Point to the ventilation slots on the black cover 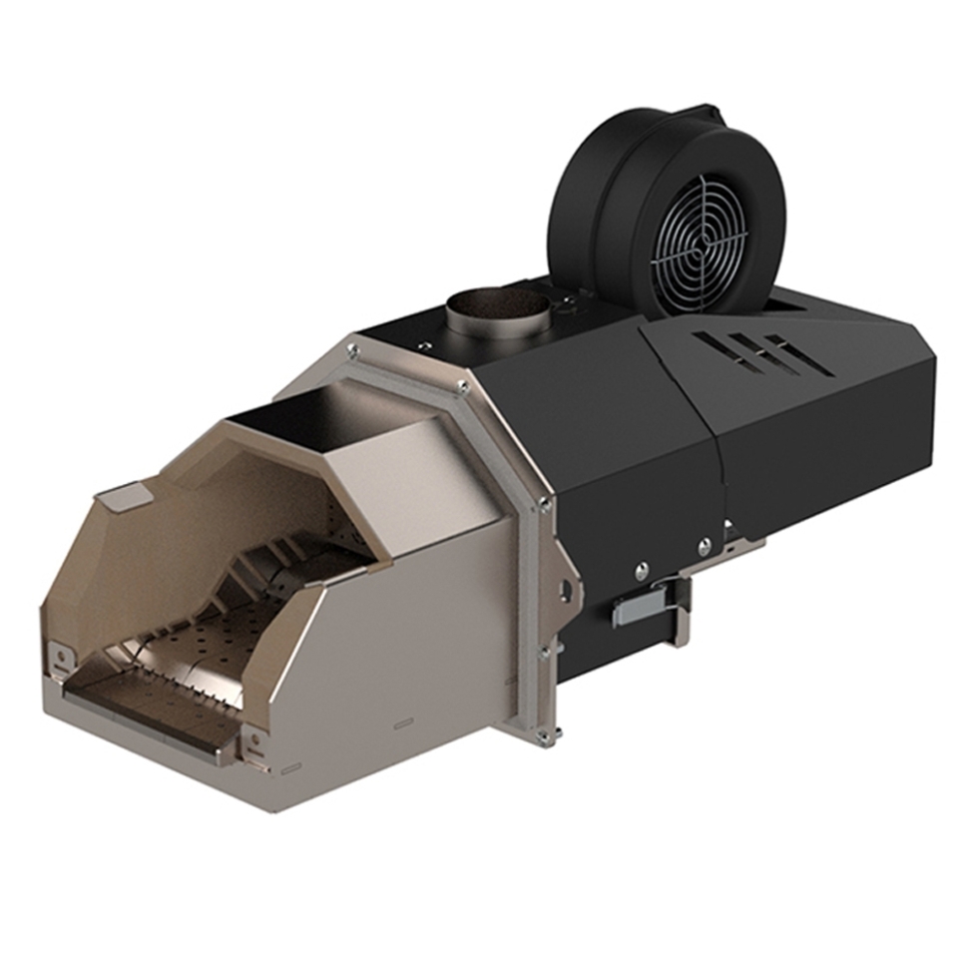(762, 354)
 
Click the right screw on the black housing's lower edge (704, 546)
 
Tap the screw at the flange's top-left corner (352, 349)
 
